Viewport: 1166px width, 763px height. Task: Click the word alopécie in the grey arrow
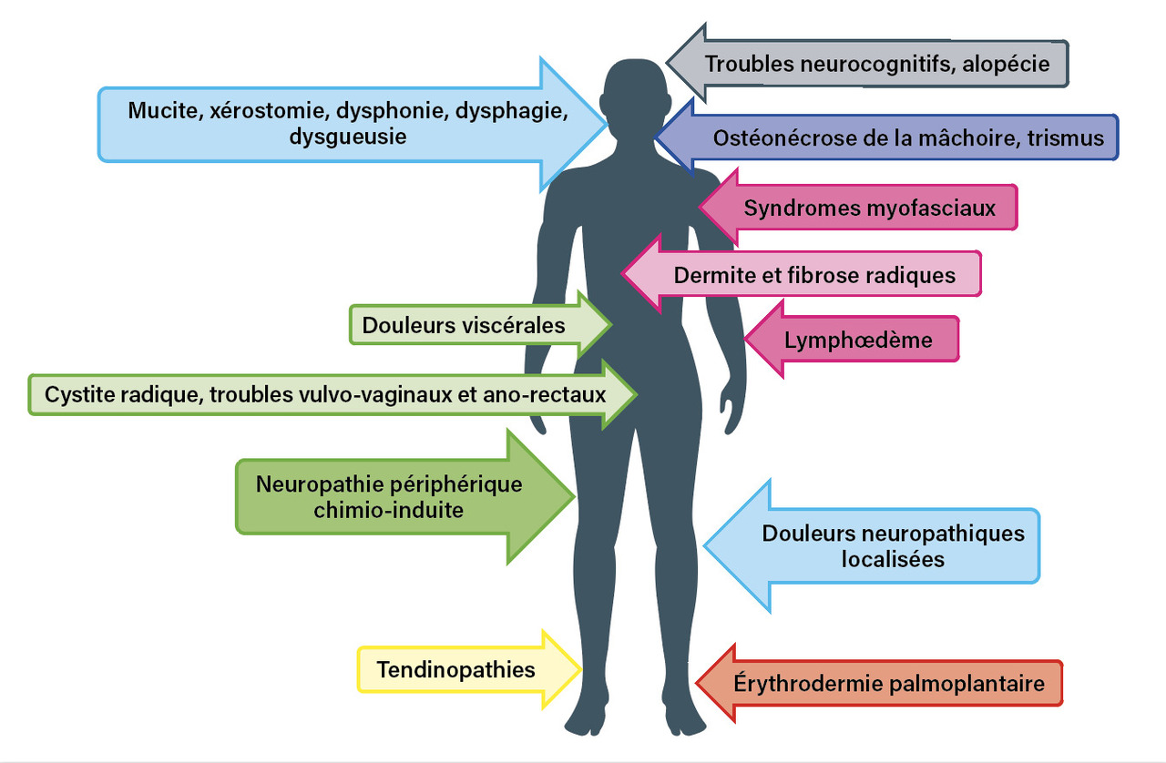point(1006,65)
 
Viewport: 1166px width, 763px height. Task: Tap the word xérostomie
point(269,111)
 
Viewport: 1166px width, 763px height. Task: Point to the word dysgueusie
point(348,137)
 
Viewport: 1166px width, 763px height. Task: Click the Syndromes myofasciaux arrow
point(859,208)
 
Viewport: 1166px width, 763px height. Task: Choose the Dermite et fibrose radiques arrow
point(802,274)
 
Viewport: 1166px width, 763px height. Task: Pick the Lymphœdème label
point(858,341)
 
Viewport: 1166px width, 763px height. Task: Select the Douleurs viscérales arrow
point(480,325)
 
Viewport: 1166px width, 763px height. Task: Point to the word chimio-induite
point(388,511)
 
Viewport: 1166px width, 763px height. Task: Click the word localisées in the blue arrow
point(893,559)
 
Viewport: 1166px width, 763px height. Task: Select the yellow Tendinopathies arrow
point(469,670)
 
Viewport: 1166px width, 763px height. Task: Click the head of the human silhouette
point(635,97)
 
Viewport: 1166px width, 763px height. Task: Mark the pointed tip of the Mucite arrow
point(607,124)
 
